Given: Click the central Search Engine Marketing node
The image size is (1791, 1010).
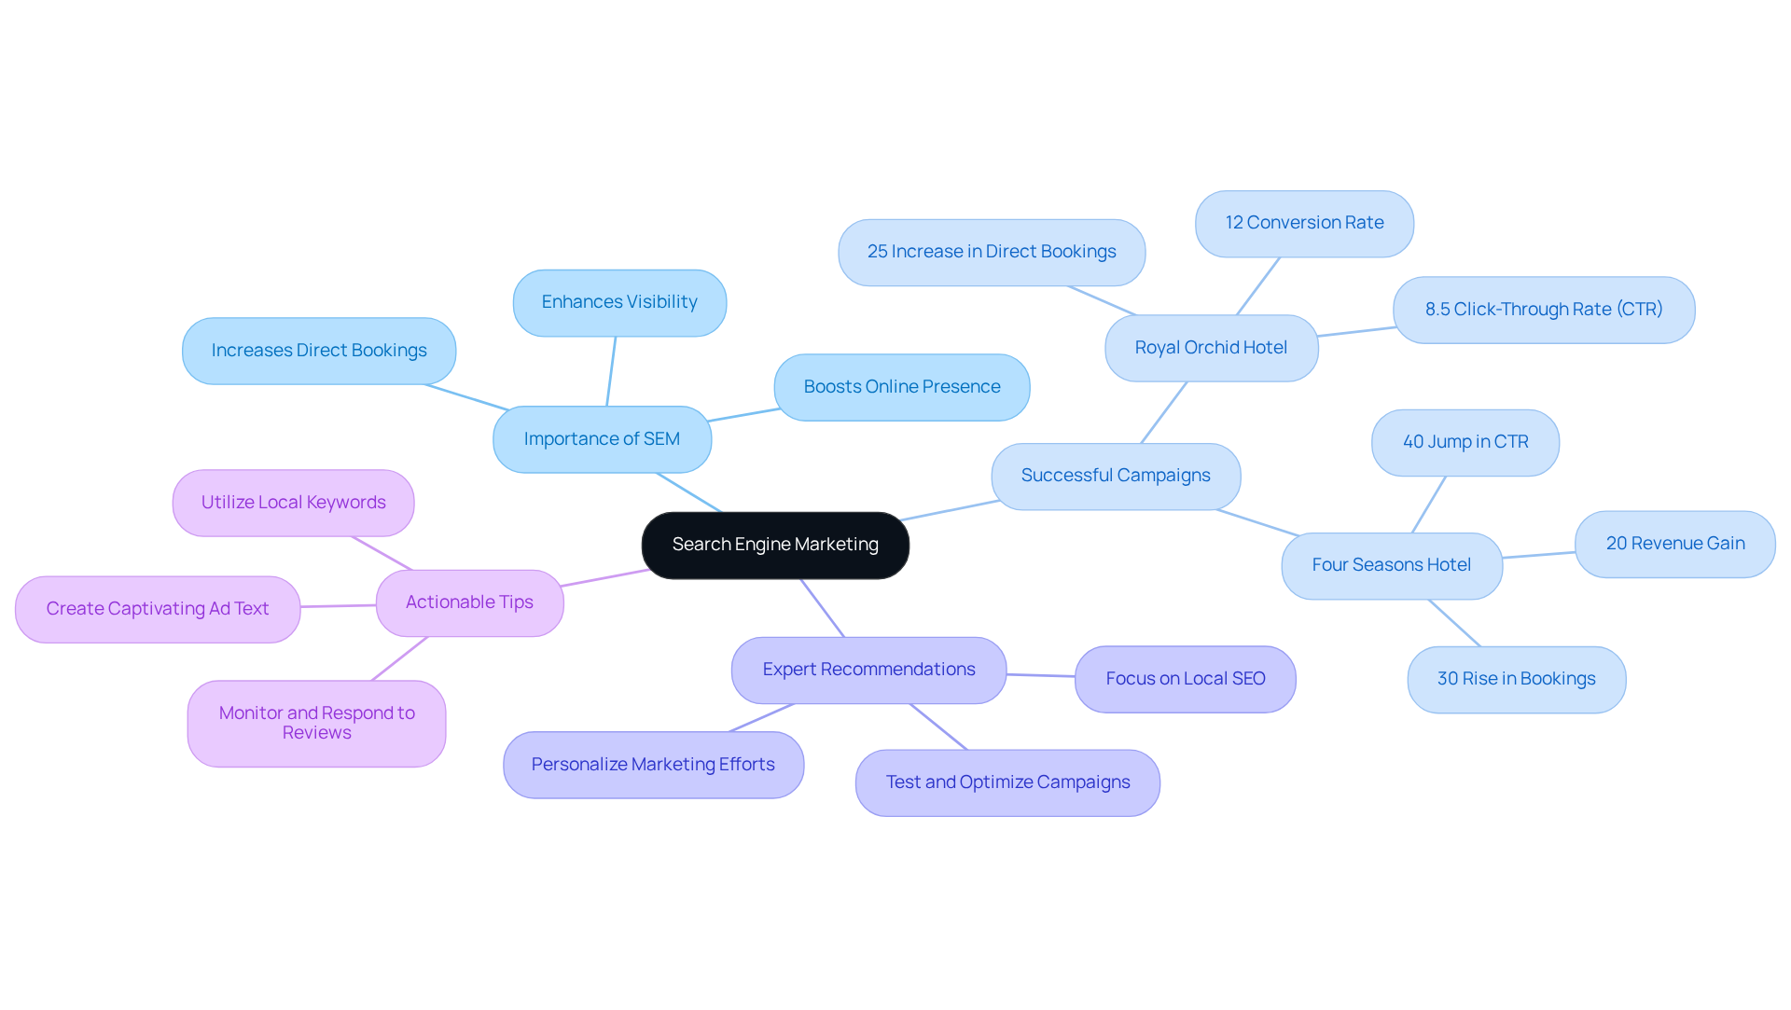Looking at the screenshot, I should (x=775, y=545).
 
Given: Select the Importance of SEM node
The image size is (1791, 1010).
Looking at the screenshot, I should (x=602, y=439).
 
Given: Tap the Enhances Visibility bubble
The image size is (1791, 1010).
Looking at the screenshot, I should (x=619, y=302).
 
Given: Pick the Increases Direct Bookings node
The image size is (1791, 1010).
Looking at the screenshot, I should (x=319, y=351).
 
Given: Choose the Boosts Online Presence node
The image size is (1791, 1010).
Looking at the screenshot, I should (x=901, y=387).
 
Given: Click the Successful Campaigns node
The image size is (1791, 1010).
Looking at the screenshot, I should (x=1116, y=476).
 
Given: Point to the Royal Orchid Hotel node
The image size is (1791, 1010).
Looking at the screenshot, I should (x=1211, y=348).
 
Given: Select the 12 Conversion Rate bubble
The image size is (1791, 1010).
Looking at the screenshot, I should (x=1304, y=223).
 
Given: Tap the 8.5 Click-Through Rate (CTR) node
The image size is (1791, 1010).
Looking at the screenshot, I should (x=1543, y=310).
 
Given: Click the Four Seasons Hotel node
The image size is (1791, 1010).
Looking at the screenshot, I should (x=1391, y=565).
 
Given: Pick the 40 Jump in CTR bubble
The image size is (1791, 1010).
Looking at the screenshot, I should (x=1465, y=442).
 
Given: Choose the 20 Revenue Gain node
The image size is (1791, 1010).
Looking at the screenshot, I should (x=1674, y=544).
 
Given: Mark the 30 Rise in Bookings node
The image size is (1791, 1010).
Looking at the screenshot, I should (x=1516, y=679).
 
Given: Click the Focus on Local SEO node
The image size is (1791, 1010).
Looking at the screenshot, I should (x=1185, y=679).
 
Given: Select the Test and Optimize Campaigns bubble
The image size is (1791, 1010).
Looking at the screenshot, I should (x=1007, y=782).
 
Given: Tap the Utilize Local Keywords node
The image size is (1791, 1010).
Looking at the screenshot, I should (x=293, y=503).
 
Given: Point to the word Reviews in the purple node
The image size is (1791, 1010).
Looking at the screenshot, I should (x=316, y=733).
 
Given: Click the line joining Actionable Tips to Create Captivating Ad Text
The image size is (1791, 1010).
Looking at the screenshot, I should (x=338, y=606).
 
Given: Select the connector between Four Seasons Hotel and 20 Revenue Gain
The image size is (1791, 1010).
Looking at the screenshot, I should (x=1538, y=555).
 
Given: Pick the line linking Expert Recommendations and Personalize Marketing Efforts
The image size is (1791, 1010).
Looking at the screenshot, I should (x=761, y=717).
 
